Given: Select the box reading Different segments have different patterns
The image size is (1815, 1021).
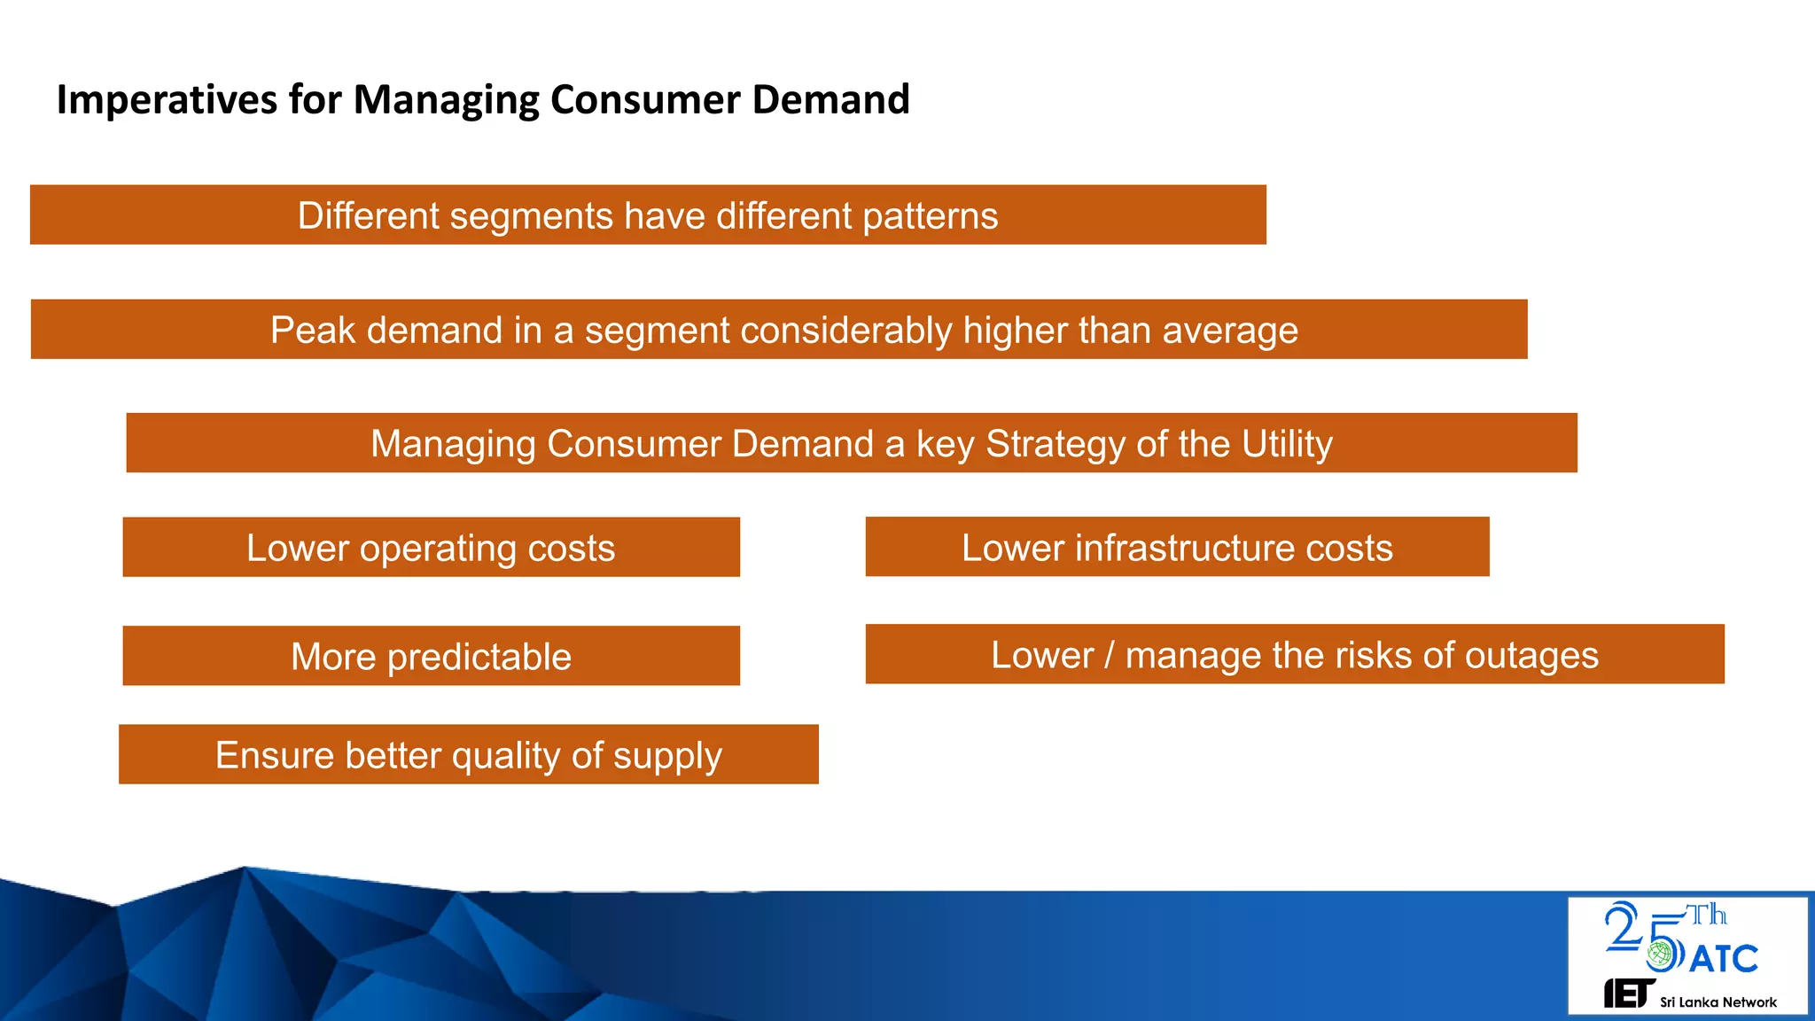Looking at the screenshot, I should (x=647, y=215).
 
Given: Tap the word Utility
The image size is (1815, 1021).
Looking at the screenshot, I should (x=1286, y=444).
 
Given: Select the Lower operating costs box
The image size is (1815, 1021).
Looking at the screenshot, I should (x=431, y=548).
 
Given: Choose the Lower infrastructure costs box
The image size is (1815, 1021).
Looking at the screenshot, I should (x=1176, y=548).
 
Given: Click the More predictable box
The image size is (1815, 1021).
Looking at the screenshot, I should (x=431, y=657).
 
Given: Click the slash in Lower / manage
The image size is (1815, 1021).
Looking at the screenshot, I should (x=1109, y=656).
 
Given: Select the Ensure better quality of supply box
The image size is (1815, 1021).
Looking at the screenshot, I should (x=468, y=755).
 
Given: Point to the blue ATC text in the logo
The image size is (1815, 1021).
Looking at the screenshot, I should (x=1723, y=959).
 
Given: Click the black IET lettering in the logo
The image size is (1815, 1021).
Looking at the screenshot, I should (x=1627, y=994).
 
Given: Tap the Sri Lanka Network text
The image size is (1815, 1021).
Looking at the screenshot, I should (x=1718, y=1002).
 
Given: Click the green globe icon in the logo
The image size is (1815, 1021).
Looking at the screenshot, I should (x=1661, y=955).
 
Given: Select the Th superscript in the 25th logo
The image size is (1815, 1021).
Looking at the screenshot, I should (x=1705, y=915).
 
